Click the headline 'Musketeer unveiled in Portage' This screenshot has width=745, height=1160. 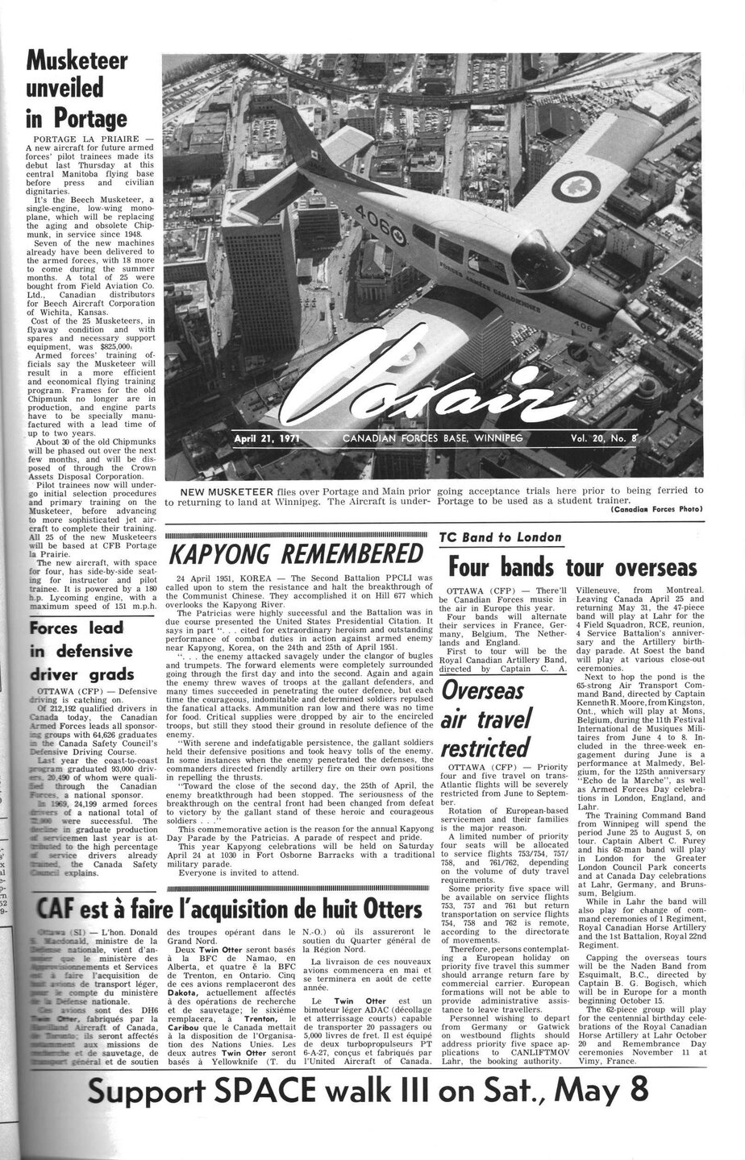[x=77, y=89]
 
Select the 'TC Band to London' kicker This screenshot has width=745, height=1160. [x=500, y=537]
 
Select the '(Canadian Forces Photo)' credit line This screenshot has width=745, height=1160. [x=657, y=508]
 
